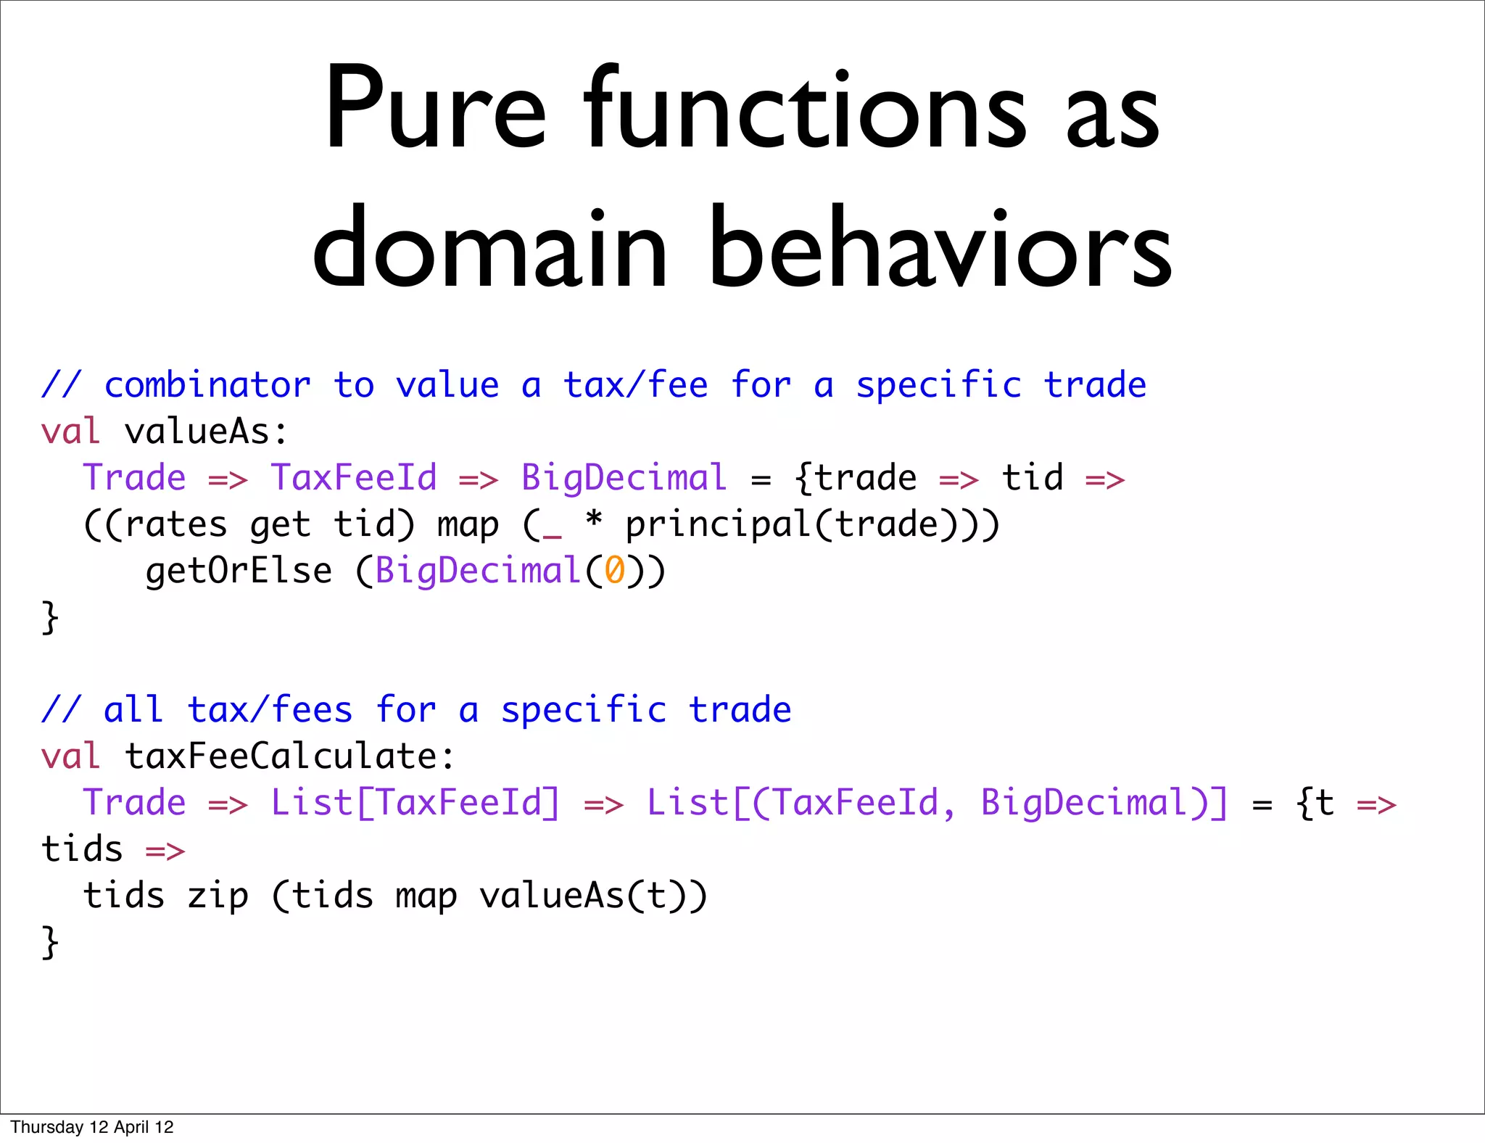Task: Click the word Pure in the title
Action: [434, 109]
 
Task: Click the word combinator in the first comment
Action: [207, 385]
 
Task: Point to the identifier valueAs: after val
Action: [207, 432]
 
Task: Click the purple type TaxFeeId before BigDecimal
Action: [354, 478]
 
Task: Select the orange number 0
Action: [614, 571]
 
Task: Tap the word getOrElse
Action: [239, 571]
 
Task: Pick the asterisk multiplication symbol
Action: [594, 521]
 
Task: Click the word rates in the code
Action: [176, 525]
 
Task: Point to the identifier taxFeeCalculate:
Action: [290, 756]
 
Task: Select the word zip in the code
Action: [218, 896]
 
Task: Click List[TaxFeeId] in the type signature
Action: [415, 803]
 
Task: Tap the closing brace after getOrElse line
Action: [49, 618]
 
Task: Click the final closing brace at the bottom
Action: [49, 943]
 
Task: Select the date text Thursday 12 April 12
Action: [92, 1127]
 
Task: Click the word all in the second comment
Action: [133, 710]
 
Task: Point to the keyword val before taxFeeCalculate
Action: [70, 756]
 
